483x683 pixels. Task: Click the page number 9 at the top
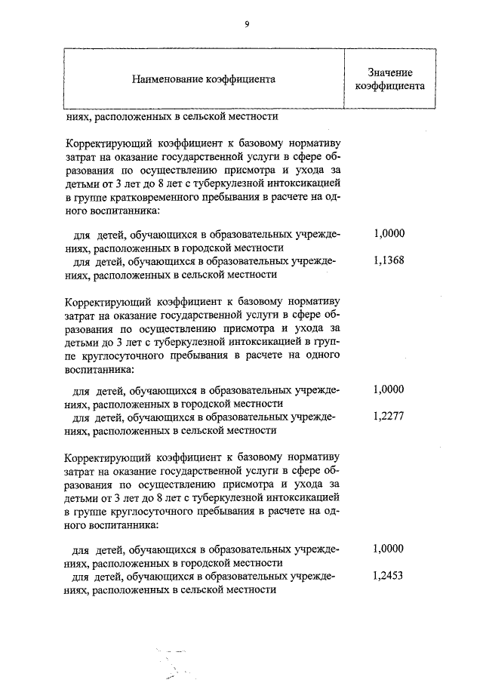pos(246,24)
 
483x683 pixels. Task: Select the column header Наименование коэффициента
pos(204,78)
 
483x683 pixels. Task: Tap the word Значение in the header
pos(389,72)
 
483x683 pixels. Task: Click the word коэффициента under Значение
pos(389,85)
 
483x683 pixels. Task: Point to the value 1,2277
pos(389,417)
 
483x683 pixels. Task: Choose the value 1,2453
pos(389,576)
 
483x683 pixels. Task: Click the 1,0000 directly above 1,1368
pos(389,234)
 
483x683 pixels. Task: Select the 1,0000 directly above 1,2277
pos(389,389)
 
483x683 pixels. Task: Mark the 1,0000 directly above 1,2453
pos(389,549)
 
